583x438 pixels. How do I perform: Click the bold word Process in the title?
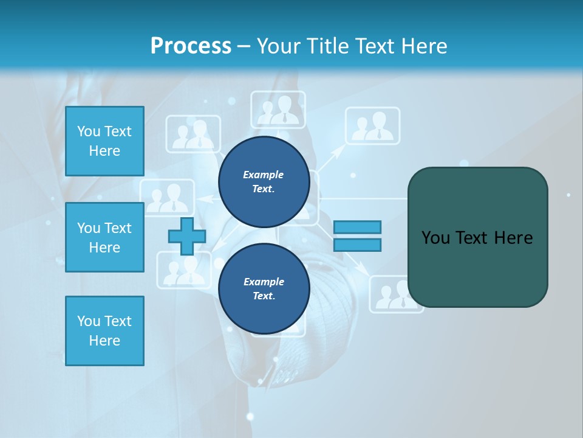[191, 46]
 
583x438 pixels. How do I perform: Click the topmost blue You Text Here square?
[104, 141]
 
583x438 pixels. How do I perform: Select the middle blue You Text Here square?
[104, 237]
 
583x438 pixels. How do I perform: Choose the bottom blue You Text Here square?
[104, 331]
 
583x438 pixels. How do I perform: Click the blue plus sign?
[187, 236]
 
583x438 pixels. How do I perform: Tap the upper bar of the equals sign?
[357, 227]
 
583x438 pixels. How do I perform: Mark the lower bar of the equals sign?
[357, 245]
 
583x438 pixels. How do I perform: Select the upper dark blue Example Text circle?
[264, 181]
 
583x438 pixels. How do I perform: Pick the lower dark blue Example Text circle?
[264, 288]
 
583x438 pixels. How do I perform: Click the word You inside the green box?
[436, 238]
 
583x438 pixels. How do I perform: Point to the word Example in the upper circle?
[264, 175]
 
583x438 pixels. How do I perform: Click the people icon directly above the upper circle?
[278, 110]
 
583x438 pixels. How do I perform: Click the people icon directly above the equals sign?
[372, 127]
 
